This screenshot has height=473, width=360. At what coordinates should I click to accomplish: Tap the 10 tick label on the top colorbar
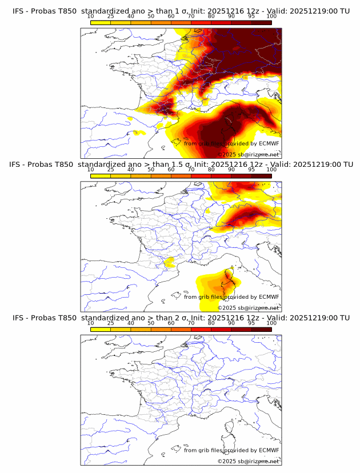[90, 16]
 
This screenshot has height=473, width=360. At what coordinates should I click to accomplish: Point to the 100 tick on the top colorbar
[271, 16]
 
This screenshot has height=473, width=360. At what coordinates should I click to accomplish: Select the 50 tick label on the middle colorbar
[151, 170]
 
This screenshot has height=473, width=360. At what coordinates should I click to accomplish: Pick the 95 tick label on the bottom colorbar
[251, 323]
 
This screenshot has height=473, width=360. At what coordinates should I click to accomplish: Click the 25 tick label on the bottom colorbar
[110, 323]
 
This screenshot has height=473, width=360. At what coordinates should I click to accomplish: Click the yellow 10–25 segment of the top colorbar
[101, 23]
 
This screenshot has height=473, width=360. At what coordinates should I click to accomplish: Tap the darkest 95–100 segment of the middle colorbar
[262, 176]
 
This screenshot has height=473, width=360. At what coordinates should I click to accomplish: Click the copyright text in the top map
[248, 155]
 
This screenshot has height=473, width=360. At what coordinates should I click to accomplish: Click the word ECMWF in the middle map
[269, 296]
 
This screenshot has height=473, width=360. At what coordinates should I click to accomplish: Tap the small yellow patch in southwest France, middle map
[169, 262]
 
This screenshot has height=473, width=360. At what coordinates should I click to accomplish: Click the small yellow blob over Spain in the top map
[138, 133]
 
